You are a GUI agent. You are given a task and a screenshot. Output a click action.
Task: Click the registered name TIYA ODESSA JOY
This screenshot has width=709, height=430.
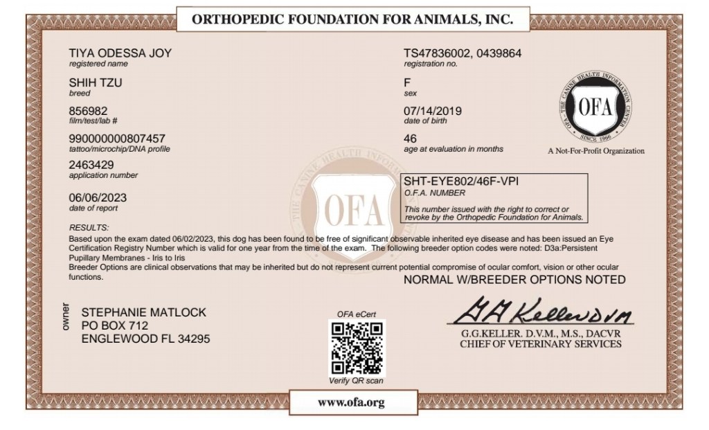point(120,53)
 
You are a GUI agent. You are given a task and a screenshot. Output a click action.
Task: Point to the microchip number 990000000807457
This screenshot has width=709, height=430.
point(117,138)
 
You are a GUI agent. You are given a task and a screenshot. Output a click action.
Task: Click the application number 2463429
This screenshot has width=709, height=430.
point(92,166)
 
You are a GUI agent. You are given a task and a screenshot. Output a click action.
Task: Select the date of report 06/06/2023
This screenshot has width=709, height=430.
point(98,197)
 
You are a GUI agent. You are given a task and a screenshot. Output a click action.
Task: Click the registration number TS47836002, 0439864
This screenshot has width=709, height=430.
point(463,53)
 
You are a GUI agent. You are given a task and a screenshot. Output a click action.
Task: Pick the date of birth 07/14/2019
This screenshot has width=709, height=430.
point(433,110)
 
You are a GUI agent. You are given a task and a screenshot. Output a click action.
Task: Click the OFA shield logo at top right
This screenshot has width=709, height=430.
point(594,108)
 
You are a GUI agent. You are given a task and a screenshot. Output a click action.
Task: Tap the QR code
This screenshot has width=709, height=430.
point(357,348)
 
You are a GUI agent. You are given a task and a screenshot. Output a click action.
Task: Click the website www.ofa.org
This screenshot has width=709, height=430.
point(351,402)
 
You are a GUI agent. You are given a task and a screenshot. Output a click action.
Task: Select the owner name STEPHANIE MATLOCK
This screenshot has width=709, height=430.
point(143,312)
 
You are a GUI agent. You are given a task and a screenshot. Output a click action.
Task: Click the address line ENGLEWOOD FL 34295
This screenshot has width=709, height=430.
point(145,339)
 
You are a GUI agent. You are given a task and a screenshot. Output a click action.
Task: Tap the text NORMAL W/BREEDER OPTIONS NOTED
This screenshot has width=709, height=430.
point(514,280)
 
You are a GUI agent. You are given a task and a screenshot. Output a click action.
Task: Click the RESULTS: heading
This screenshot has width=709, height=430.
point(89,228)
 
